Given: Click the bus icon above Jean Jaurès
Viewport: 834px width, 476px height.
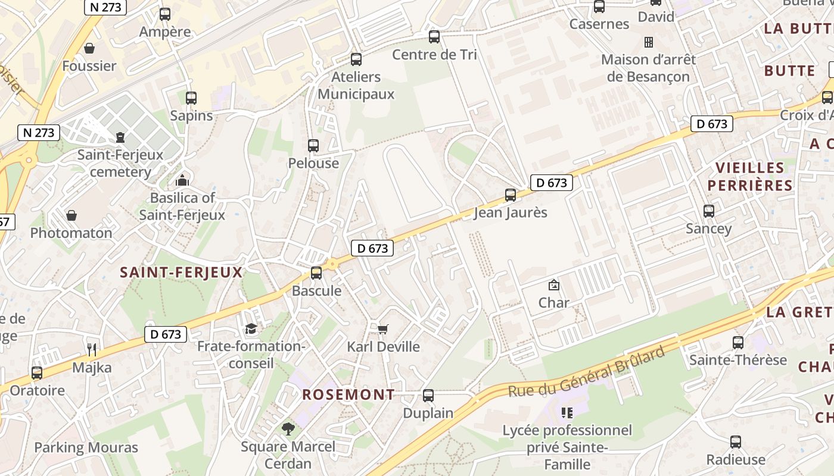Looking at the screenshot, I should click(x=510, y=195).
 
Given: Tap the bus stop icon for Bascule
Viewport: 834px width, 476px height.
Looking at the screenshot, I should click(x=316, y=273).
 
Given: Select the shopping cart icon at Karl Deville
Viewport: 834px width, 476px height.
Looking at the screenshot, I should click(x=383, y=329).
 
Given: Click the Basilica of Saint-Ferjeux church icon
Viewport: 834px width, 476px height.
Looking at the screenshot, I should click(x=182, y=180).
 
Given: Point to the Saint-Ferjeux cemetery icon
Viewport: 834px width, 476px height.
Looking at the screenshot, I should click(x=120, y=137).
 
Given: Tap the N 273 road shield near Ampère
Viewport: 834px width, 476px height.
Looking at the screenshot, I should click(x=105, y=7).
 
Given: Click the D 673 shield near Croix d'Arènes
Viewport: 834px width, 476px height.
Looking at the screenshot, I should click(x=711, y=124).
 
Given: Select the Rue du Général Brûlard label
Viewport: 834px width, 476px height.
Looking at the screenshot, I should click(x=586, y=372).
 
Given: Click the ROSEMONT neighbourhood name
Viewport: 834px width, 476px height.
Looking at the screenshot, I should click(x=348, y=394).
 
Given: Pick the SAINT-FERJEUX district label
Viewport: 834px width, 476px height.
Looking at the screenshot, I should click(x=181, y=273).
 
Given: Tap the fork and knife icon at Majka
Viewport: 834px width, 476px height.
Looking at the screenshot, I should click(x=91, y=349).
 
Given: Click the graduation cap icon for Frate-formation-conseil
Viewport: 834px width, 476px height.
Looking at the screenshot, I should click(x=251, y=328).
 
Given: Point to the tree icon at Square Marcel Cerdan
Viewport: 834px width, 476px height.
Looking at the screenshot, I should click(x=288, y=428).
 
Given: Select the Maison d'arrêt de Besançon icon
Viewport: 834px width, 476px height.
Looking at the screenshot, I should click(x=648, y=42).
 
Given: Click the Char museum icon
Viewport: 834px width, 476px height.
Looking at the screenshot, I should click(x=553, y=285).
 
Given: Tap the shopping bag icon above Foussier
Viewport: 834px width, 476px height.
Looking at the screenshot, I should click(x=89, y=48).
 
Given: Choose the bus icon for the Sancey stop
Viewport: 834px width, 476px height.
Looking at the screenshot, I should click(x=708, y=211).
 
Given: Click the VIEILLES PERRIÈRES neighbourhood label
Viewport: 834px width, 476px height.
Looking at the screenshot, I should click(x=749, y=176).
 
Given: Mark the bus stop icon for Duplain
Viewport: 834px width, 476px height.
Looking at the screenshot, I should click(x=428, y=395).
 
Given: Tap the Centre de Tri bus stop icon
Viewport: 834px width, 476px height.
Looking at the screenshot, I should click(x=434, y=37).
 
